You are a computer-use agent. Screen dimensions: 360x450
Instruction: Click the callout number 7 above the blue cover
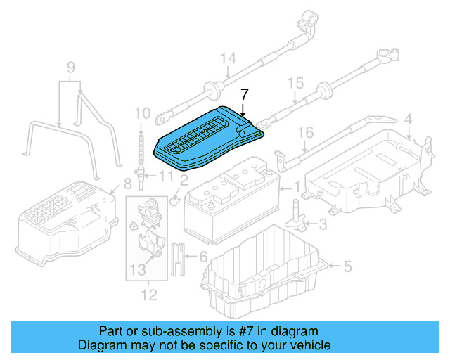(x=244, y=95)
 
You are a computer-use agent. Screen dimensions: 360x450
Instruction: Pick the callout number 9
(x=70, y=67)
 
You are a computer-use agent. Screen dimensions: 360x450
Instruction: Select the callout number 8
(x=127, y=185)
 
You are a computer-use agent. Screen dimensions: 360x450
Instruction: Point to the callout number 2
(x=184, y=181)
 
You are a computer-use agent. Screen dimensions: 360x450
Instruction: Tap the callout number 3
(x=323, y=224)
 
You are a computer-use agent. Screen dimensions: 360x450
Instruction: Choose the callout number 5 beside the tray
(x=346, y=266)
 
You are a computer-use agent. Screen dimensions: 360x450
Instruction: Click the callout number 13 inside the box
(x=139, y=269)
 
